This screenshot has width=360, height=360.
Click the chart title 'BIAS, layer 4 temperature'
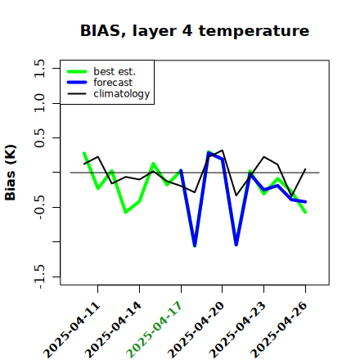click(x=195, y=30)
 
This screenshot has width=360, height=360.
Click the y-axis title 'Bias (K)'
click(x=11, y=173)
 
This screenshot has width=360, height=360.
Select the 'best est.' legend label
click(x=115, y=71)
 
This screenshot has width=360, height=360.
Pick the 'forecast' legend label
click(x=113, y=83)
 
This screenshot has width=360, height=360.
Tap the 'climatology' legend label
click(x=122, y=94)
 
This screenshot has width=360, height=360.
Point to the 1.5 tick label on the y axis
click(x=39, y=68)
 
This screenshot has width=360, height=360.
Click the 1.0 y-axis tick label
click(x=39, y=103)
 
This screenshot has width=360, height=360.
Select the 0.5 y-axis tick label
click(x=39, y=138)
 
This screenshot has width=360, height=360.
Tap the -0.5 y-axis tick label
click(x=39, y=207)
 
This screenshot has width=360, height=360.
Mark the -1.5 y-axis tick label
click(x=39, y=277)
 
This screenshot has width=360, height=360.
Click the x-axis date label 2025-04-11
click(x=72, y=330)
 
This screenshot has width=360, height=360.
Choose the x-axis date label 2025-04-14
click(x=114, y=330)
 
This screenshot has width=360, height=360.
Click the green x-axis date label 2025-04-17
click(x=154, y=330)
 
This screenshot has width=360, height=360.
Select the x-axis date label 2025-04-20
click(x=196, y=330)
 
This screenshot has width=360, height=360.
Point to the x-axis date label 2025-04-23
click(x=238, y=330)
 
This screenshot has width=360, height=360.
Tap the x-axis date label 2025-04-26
click(x=279, y=330)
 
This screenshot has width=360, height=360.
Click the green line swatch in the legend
click(x=77, y=71)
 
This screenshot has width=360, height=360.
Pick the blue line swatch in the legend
click(x=77, y=83)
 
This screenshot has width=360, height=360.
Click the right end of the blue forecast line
click(x=305, y=202)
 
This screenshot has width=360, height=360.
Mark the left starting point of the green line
click(x=84, y=153)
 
